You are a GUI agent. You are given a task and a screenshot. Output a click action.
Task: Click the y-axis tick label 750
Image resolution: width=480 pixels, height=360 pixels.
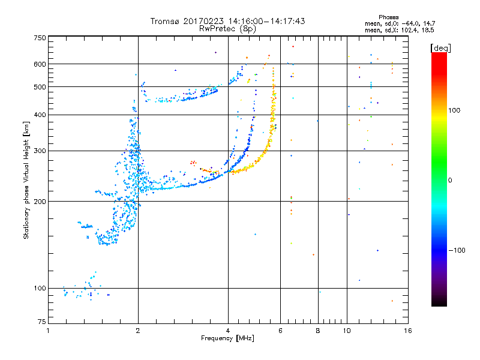tap(40, 38)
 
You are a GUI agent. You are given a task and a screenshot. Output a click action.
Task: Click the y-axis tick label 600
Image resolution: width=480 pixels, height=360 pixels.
tap(40, 64)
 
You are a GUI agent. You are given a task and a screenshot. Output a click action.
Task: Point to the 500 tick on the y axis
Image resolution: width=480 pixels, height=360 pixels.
tap(40, 87)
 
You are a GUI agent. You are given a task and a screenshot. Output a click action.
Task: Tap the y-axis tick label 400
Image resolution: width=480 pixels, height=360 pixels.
tap(40, 115)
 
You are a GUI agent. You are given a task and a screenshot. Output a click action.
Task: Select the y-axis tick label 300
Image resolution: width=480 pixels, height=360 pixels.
tap(40, 151)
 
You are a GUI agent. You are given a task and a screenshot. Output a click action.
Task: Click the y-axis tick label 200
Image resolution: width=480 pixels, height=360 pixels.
tap(40, 201)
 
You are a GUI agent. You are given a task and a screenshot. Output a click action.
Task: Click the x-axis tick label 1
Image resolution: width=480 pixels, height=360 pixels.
tap(49, 330)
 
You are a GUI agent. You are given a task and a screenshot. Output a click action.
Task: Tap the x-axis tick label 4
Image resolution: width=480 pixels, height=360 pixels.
tap(228, 330)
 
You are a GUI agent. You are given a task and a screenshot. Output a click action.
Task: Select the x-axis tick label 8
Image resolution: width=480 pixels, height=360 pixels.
tap(318, 330)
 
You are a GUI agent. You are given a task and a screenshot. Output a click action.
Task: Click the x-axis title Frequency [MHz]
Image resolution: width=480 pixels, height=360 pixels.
tap(228, 338)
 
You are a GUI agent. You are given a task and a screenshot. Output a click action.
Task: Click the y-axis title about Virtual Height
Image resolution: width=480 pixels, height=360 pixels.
tap(26, 180)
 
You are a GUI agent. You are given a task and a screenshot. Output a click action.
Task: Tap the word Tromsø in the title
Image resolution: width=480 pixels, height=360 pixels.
tap(164, 21)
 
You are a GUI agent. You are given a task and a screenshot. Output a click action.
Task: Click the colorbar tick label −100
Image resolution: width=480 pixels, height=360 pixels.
tap(457, 250)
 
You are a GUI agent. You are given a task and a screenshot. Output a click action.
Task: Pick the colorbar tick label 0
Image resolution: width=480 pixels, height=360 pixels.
tap(451, 180)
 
